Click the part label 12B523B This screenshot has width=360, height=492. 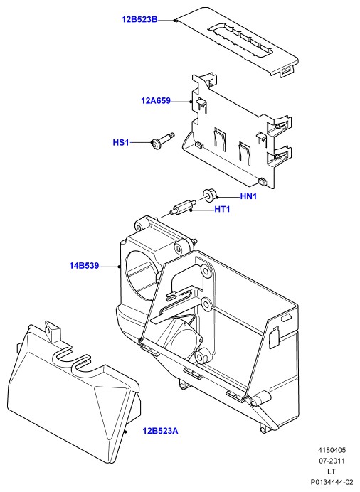pos(139,19)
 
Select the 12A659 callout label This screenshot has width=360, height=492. pos(156,101)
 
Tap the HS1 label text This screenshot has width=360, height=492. pos(121,142)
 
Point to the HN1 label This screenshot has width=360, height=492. pos(248,196)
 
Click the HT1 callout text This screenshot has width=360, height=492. pos(222,209)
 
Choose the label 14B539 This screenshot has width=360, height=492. pos(84,266)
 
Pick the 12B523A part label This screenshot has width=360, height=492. pos(160,431)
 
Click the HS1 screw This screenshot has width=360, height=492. pos(163,141)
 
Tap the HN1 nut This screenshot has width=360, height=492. pos(208,196)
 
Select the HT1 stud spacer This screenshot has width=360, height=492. pos(184,208)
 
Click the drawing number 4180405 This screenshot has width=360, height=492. pos(332,450)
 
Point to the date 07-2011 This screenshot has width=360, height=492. pos(332,461)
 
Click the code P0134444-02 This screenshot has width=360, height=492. pos(332,482)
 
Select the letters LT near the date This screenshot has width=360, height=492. pos(332,471)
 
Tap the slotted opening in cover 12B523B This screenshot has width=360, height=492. pos(240,40)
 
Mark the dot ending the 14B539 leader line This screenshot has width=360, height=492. pos(120,267)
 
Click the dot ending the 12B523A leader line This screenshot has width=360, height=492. pos(125,432)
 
